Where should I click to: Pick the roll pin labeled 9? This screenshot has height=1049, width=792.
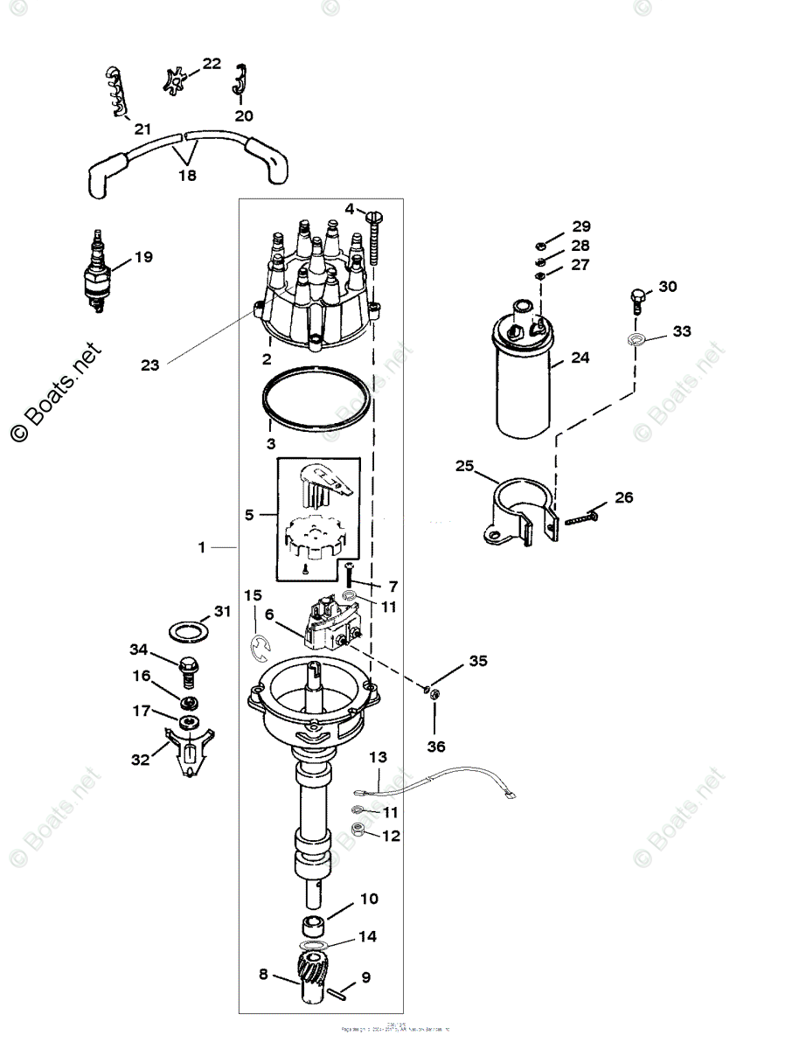tap(345, 991)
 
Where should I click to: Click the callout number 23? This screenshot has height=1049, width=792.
tap(149, 365)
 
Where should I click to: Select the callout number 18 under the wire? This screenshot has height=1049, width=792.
tap(186, 175)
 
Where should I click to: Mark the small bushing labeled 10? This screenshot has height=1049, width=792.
tap(315, 925)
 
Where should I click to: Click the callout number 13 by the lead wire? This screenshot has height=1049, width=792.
tap(378, 756)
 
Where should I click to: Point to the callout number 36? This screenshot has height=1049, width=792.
tap(435, 746)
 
